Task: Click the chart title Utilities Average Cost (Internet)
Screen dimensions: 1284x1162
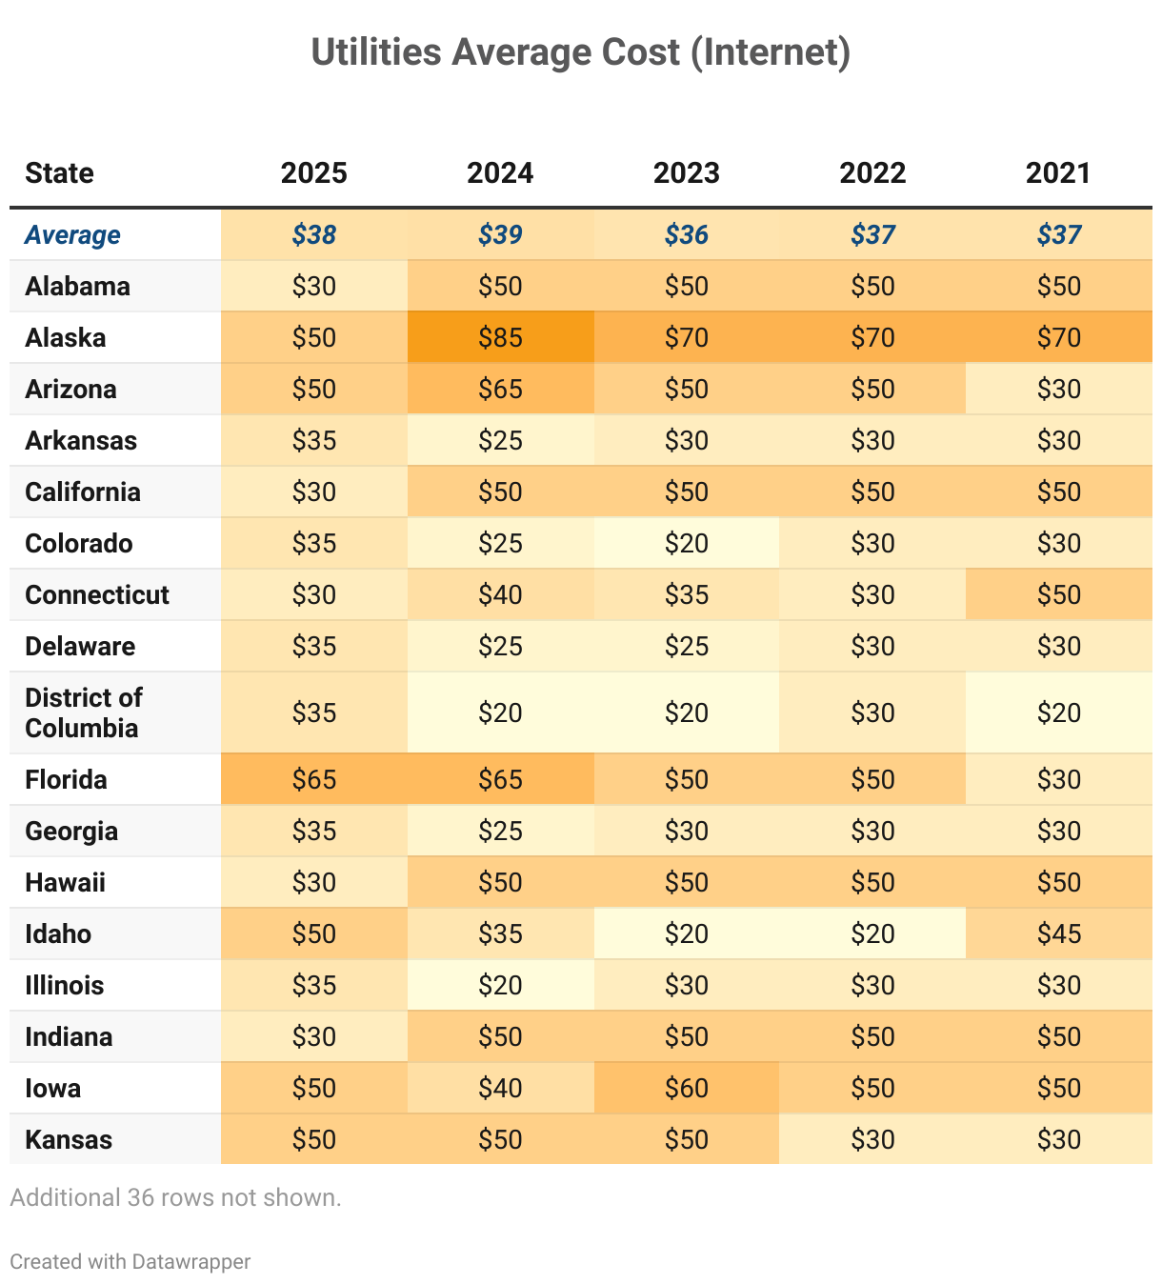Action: (580, 52)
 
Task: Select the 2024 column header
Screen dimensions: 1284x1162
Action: (500, 173)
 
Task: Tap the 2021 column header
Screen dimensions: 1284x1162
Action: (1058, 173)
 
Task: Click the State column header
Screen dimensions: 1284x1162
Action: (59, 173)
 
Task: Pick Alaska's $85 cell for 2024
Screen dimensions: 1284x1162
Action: (500, 337)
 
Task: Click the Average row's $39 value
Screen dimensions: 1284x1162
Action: (500, 234)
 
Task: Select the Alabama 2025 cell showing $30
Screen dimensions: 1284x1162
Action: (314, 286)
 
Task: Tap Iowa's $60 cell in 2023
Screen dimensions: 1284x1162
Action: (687, 1088)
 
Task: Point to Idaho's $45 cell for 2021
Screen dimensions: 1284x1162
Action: (1058, 933)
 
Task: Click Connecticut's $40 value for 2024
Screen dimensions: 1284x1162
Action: (500, 594)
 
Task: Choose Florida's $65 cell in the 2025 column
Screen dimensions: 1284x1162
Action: (314, 779)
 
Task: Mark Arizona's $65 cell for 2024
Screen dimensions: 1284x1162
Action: (500, 389)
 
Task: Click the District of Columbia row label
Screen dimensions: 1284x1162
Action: (84, 712)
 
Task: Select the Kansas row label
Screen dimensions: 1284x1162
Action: (69, 1139)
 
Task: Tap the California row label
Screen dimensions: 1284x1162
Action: (83, 492)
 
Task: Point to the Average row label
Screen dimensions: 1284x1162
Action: (72, 234)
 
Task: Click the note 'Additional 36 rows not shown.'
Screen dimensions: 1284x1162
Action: (175, 1197)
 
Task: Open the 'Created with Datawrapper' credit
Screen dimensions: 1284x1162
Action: (130, 1261)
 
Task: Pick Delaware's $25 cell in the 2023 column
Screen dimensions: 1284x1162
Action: (687, 646)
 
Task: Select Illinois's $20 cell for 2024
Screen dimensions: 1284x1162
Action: (500, 985)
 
